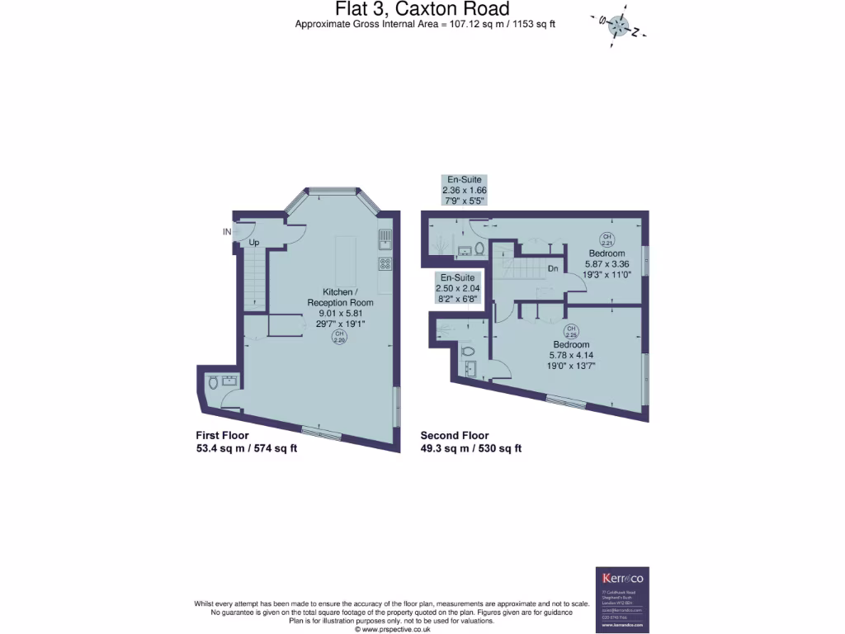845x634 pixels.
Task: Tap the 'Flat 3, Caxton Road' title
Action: (422, 9)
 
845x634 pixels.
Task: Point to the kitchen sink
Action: (385, 239)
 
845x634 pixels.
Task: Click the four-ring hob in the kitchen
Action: (385, 264)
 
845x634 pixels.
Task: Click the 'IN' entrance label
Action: (227, 232)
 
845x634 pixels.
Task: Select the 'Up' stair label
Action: (254, 244)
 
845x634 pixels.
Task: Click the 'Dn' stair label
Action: (554, 269)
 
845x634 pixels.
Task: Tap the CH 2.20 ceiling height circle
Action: (338, 336)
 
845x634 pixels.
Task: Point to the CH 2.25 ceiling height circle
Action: (571, 332)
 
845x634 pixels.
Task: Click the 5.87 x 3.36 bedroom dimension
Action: (607, 264)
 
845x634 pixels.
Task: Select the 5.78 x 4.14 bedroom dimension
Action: (571, 355)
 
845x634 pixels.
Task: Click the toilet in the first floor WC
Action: (213, 382)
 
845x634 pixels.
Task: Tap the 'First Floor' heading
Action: (222, 436)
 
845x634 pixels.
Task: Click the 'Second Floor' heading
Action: (455, 436)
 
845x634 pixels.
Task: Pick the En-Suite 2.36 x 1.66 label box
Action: (465, 190)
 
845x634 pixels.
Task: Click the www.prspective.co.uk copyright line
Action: (392, 629)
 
